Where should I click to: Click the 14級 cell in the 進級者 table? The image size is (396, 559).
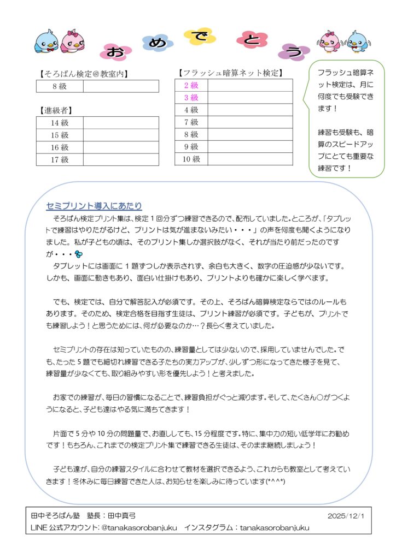[x=60, y=123]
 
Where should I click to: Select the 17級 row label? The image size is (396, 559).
[x=60, y=160]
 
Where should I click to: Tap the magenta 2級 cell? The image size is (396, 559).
[x=191, y=85]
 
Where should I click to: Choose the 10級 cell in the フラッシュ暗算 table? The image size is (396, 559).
[x=191, y=159]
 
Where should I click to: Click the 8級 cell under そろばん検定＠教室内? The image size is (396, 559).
[x=60, y=86]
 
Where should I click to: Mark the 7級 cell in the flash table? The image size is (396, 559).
[x=191, y=122]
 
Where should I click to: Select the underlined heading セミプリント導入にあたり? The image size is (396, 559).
[x=94, y=206]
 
